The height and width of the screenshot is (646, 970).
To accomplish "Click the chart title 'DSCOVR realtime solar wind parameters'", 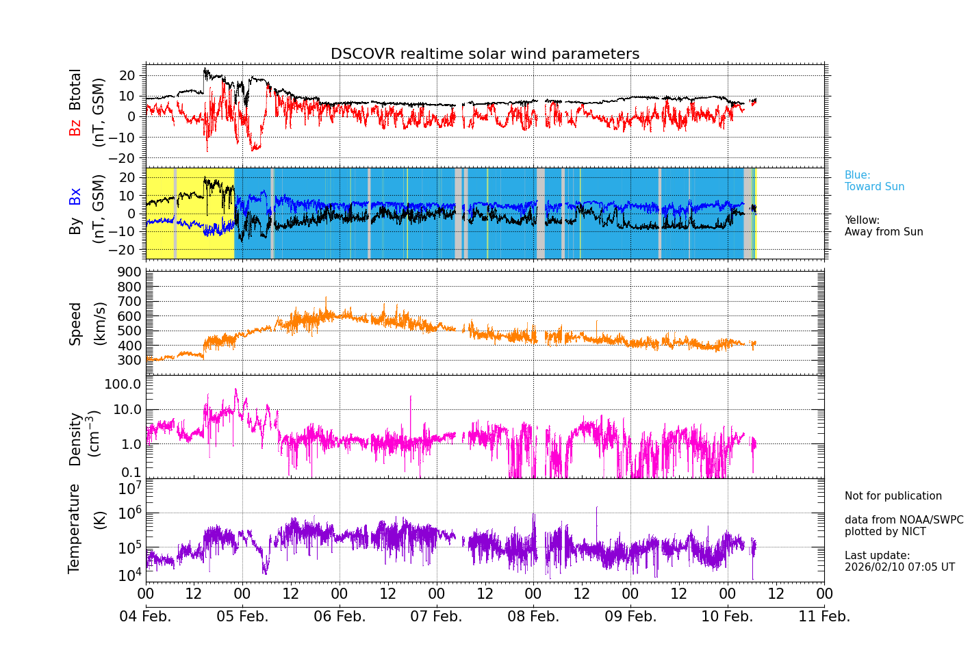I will (x=485, y=54).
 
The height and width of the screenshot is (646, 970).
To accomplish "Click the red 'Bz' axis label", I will (x=75, y=127).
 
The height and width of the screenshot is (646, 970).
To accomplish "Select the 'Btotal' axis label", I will (x=75, y=90).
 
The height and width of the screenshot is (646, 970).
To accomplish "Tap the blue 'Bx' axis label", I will (x=75, y=196).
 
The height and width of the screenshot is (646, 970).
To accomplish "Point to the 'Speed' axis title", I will (x=75, y=324).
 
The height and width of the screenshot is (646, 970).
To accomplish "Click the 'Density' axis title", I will (x=75, y=439).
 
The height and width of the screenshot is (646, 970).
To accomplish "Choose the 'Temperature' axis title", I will (x=75, y=528).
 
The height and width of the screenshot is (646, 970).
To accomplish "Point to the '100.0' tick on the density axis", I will (x=123, y=384).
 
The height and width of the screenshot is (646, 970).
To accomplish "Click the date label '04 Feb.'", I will (x=145, y=617).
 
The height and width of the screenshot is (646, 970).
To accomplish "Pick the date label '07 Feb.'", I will (x=436, y=617).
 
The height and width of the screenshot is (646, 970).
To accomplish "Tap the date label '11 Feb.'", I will (x=824, y=617).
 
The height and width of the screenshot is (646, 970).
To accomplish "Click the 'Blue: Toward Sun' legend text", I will (x=874, y=181).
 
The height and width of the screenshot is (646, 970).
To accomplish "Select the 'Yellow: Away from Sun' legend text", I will (x=883, y=227).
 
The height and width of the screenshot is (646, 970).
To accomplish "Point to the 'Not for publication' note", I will (x=893, y=496).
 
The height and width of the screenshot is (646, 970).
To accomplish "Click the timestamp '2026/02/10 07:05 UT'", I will (x=899, y=567).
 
